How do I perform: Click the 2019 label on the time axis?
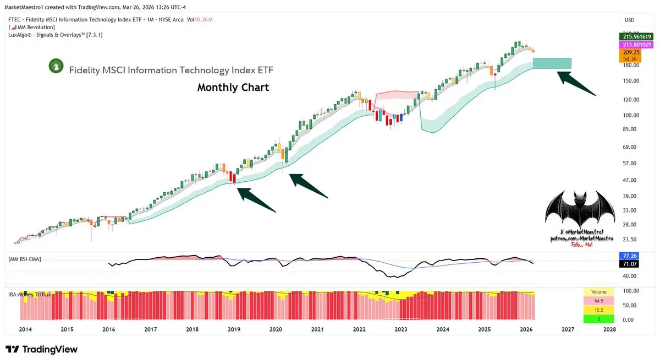pos(234,329)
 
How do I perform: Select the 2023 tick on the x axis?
pos(400,329)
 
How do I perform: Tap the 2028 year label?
pos(609,329)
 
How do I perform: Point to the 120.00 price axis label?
pos(630,100)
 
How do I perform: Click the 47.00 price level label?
pos(630,180)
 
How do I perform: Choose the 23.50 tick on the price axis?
pos(630,240)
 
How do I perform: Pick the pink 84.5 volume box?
pos(598,301)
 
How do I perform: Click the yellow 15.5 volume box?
pos(598,310)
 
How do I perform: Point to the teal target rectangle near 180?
pos(552,63)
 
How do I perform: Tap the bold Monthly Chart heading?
pos(233,88)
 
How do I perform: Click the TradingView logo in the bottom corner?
pos(42,349)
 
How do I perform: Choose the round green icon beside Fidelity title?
pos(54,66)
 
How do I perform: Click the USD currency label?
pos(629,20)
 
